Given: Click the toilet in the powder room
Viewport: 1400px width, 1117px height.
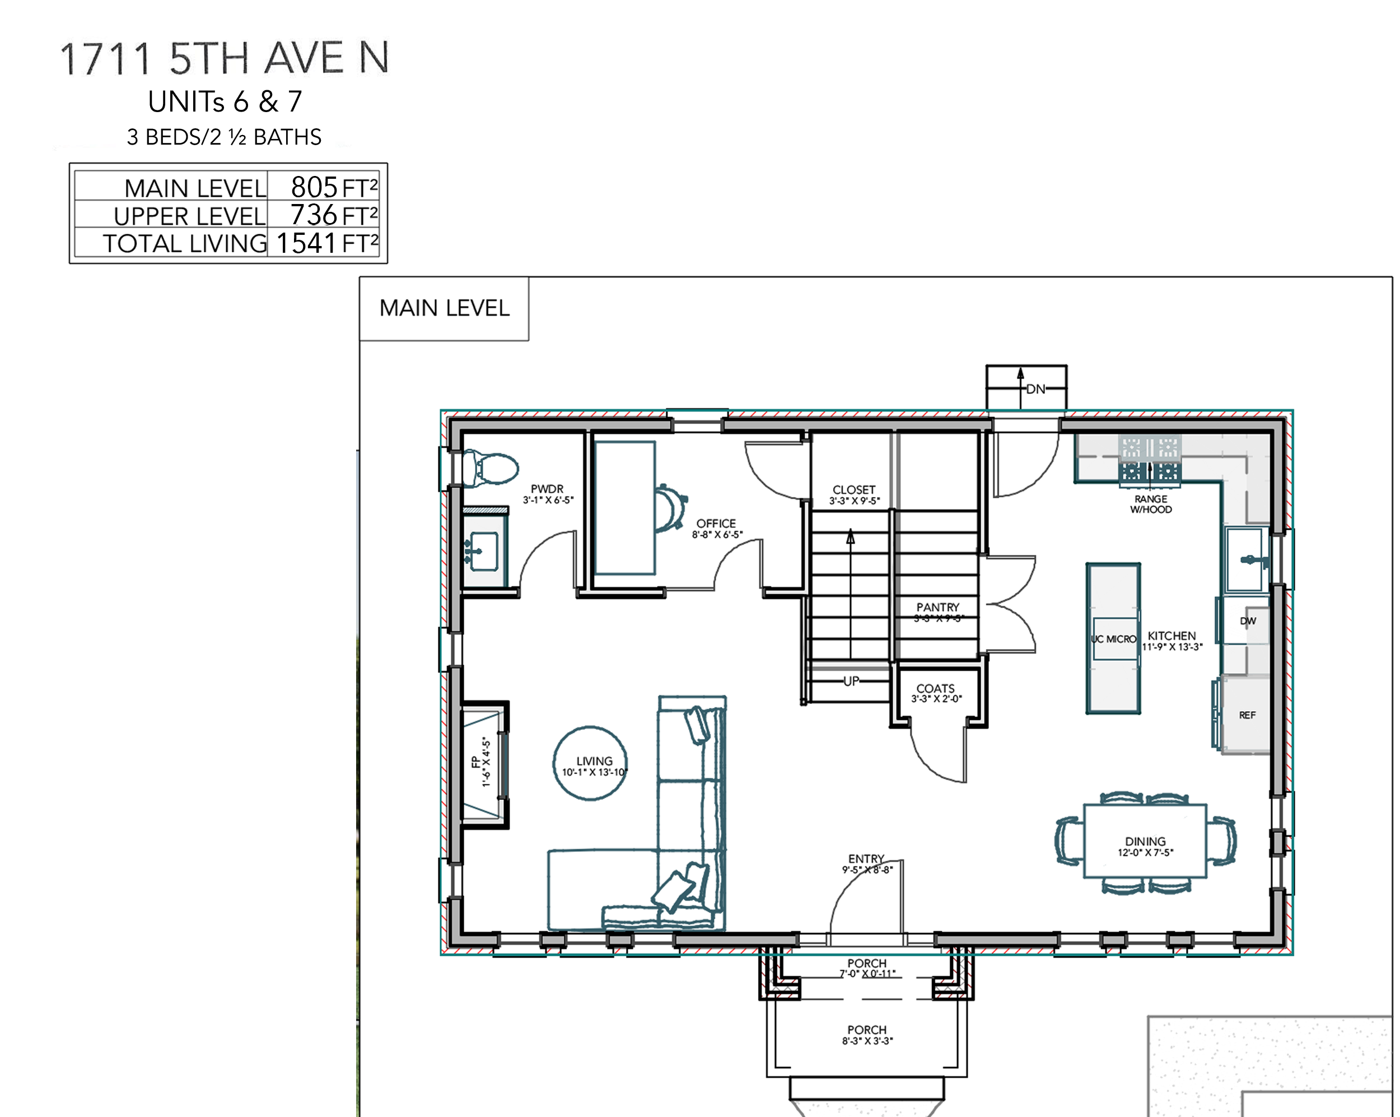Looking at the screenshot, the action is point(490,468).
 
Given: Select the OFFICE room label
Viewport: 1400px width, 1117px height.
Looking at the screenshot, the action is point(716,523).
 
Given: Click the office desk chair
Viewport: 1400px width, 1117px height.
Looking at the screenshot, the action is point(670,508).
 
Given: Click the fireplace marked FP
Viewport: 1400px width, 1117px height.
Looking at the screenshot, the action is point(484,764).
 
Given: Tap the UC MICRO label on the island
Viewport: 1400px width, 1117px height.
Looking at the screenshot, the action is point(1114,639).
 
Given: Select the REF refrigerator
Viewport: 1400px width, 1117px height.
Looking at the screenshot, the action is point(1245,715).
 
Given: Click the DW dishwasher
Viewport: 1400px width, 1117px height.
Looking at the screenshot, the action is point(1246,620).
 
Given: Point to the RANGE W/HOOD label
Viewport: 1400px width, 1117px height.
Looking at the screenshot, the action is point(1151,504).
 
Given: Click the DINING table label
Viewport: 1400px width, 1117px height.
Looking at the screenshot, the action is point(1145,841).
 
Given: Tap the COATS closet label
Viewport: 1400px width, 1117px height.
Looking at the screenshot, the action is point(936,688).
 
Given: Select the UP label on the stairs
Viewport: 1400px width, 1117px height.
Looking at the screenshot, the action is point(851,681).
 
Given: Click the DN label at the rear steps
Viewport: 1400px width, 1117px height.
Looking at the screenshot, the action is point(1035,388).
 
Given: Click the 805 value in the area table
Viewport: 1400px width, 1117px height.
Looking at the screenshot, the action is point(314,187).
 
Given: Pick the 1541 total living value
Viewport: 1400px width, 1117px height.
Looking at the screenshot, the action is point(306,243).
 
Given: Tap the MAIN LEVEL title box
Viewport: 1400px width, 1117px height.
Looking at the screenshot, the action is point(444,308).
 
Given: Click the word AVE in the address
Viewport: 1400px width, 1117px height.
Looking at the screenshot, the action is point(305,58).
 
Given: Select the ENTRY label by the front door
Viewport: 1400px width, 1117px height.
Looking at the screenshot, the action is point(866,859).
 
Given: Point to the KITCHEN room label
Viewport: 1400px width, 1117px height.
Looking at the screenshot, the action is point(1172,636).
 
